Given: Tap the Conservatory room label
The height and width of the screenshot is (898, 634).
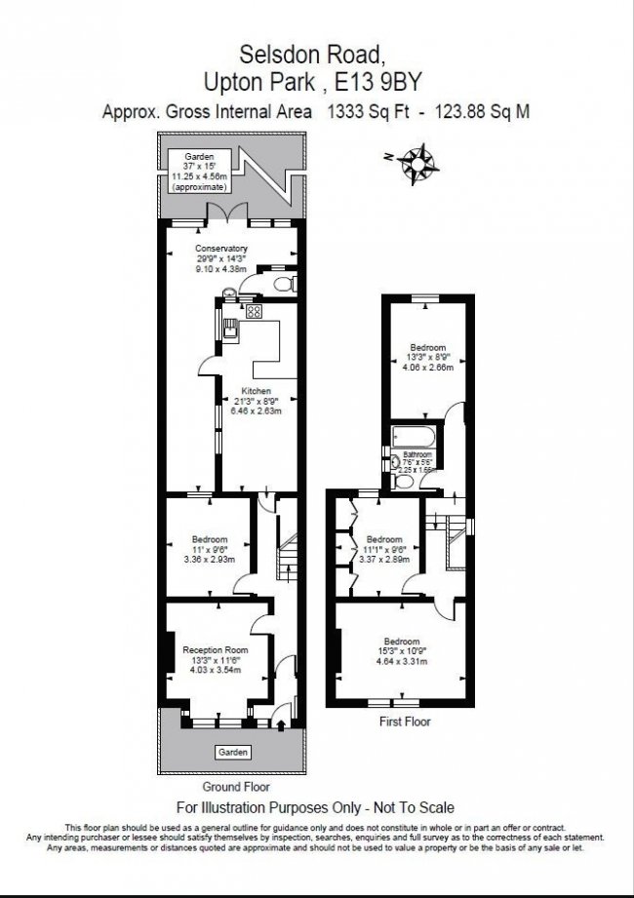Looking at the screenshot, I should (x=221, y=249).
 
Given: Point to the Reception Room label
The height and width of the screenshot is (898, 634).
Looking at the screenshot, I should (x=215, y=649).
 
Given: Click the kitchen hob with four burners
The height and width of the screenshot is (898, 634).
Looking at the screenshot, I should (x=255, y=312).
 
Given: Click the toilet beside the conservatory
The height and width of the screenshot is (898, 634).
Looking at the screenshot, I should (x=282, y=285).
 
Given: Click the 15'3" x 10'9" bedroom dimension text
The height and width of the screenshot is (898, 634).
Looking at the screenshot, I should (x=401, y=652).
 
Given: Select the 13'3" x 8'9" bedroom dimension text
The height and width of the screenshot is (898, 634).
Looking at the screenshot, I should (x=428, y=357).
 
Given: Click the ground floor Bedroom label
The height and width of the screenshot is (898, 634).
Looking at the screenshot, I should (x=209, y=540).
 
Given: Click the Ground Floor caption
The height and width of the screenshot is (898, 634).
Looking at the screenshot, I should (x=235, y=786).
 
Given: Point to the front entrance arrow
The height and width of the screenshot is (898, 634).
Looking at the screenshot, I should (x=283, y=723).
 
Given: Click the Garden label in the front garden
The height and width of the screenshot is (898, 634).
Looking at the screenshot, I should (x=231, y=753).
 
